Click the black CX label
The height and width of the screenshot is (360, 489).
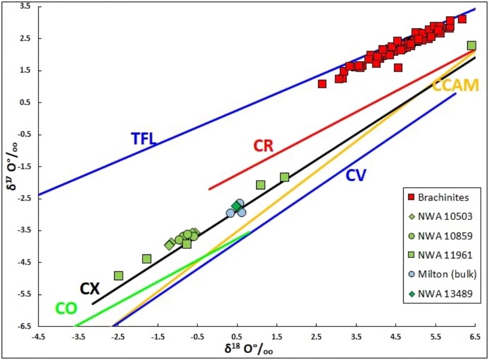coord(89,288)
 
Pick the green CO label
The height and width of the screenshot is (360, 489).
coord(66,308)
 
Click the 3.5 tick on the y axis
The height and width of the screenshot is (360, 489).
coord(24,7)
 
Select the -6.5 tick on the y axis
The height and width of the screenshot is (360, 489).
coord(23,326)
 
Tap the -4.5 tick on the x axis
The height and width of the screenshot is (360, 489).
coord(38,336)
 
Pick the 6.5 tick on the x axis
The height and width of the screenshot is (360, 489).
coord(475,336)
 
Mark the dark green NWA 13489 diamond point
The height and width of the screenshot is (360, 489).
coord(236,206)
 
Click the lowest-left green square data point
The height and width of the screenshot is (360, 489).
coord(119,276)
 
